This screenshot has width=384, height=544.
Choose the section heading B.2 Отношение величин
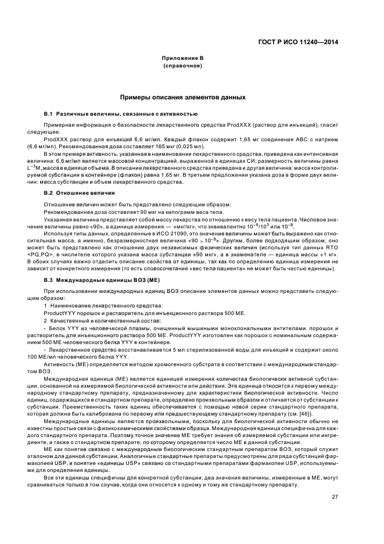(x=81, y=192)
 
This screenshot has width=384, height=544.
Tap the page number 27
(x=335, y=496)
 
